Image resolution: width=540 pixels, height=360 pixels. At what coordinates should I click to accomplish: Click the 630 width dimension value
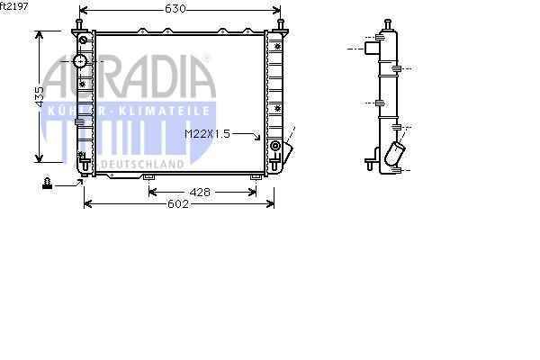coord(175,9)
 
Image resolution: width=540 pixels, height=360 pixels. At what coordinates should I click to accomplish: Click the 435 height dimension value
coord(40,96)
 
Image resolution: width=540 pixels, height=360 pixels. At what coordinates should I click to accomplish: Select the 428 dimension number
coord(200,193)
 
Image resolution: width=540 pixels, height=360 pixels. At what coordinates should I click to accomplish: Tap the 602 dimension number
coord(178,204)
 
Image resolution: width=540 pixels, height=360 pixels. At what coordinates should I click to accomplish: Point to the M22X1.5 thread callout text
coord(207,134)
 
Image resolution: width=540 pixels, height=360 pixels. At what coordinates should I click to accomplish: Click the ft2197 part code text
coord(14,6)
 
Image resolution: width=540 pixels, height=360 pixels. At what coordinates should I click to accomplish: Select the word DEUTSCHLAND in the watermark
coord(142,165)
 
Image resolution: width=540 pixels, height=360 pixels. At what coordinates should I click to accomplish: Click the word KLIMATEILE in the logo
coord(164,111)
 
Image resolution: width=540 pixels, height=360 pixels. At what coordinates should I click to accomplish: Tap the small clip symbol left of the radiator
coord(47,183)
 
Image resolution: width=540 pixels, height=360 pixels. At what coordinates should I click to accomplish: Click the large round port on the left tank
coord(80,61)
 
